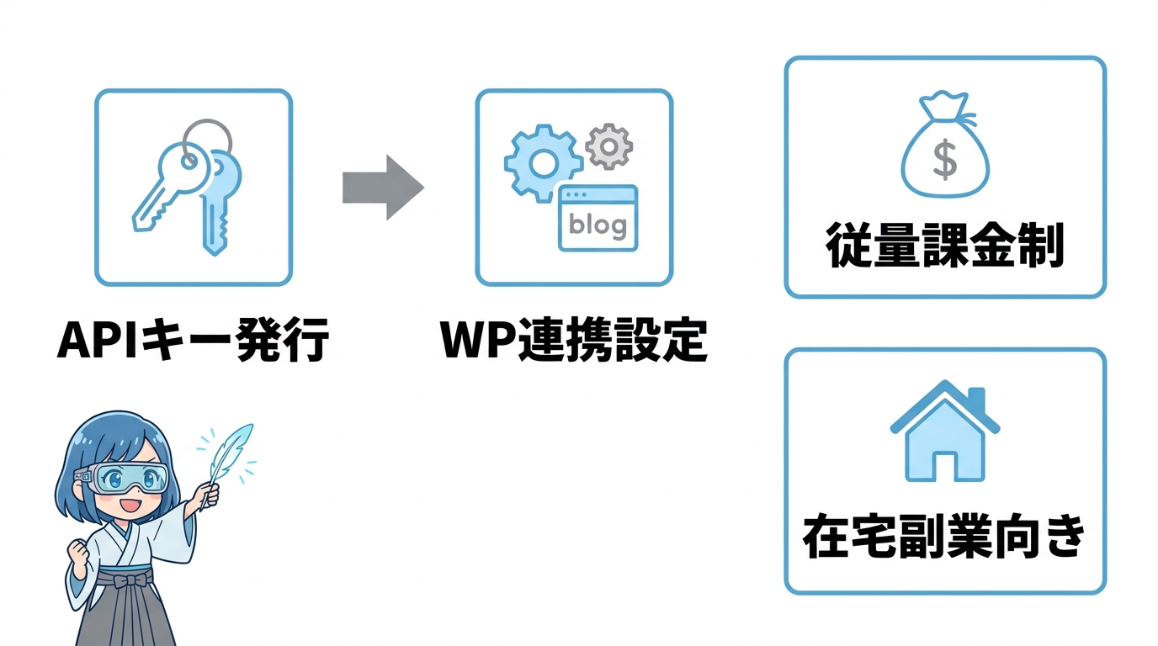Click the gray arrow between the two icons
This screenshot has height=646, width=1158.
(381, 188)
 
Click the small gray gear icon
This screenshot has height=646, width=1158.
(608, 146)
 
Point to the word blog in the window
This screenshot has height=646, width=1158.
(598, 225)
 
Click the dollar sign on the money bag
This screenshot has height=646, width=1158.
(945, 161)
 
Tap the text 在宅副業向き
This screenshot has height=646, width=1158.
(944, 537)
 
